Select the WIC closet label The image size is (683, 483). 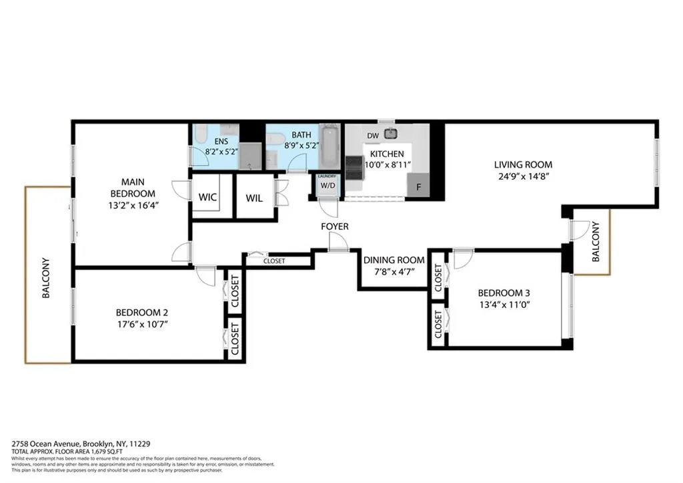[209, 198]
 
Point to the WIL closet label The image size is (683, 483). [254, 198]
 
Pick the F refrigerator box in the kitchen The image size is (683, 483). [418, 187]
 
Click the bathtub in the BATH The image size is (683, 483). [329, 147]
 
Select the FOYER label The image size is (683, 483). [334, 227]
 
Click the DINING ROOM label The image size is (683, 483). [394, 260]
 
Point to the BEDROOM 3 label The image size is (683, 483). [504, 293]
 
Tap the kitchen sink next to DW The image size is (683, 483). [390, 134]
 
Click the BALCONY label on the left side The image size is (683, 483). [46, 277]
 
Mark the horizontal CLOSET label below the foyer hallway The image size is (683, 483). [274, 261]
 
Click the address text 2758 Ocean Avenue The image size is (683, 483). [46, 443]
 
